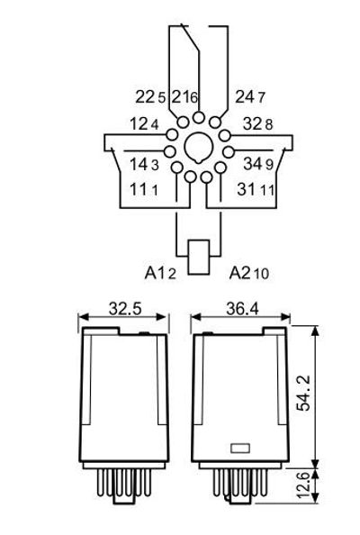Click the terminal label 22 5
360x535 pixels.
click(150, 97)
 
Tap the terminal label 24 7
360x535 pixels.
click(250, 97)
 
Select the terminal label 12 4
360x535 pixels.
click(144, 124)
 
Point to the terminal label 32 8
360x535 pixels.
click(257, 124)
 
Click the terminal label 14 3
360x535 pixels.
click(144, 165)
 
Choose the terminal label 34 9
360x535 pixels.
click(258, 164)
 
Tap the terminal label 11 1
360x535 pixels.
click(144, 189)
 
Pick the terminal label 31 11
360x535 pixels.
click(256, 189)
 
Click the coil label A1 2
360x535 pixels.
click(160, 273)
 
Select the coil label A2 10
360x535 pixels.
click(249, 273)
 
